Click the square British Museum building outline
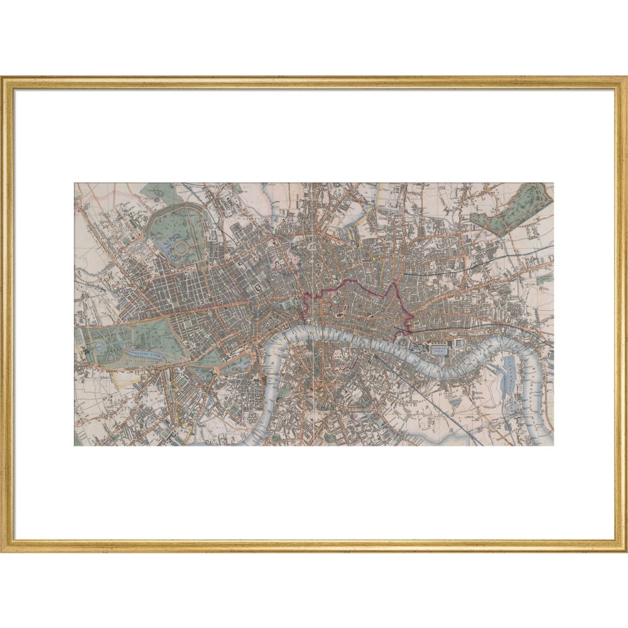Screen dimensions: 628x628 259,288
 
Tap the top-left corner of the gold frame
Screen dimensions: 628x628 3,78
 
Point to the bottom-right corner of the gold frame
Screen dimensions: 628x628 624,549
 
